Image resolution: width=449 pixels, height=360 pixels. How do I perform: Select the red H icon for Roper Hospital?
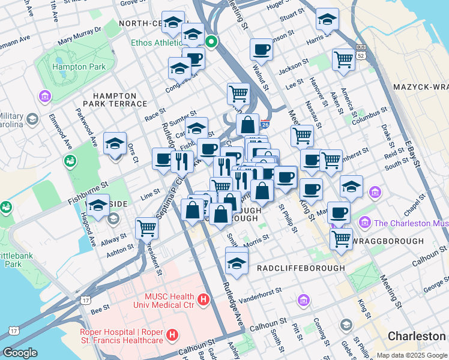point(172,334)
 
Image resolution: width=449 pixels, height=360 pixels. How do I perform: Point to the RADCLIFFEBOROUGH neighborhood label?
point(301,268)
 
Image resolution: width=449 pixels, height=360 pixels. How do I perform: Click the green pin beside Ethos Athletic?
point(211,42)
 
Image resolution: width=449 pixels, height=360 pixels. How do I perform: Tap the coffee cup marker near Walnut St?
point(262,49)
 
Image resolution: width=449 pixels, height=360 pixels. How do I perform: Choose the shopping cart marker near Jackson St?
point(343,59)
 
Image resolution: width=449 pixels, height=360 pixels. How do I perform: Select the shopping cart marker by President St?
point(146,227)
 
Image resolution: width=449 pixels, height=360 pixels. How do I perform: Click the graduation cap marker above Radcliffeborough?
point(237,262)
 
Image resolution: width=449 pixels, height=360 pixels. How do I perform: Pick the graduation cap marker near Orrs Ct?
point(115,143)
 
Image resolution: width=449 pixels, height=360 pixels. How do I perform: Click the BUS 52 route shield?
point(361,50)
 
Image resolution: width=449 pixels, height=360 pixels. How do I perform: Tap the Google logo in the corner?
point(20,353)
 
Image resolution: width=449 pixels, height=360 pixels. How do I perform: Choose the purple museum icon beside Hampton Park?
point(44,96)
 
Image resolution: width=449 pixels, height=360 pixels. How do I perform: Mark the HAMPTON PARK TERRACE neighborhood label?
point(119,100)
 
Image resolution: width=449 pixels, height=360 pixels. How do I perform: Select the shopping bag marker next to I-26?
point(247,125)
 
